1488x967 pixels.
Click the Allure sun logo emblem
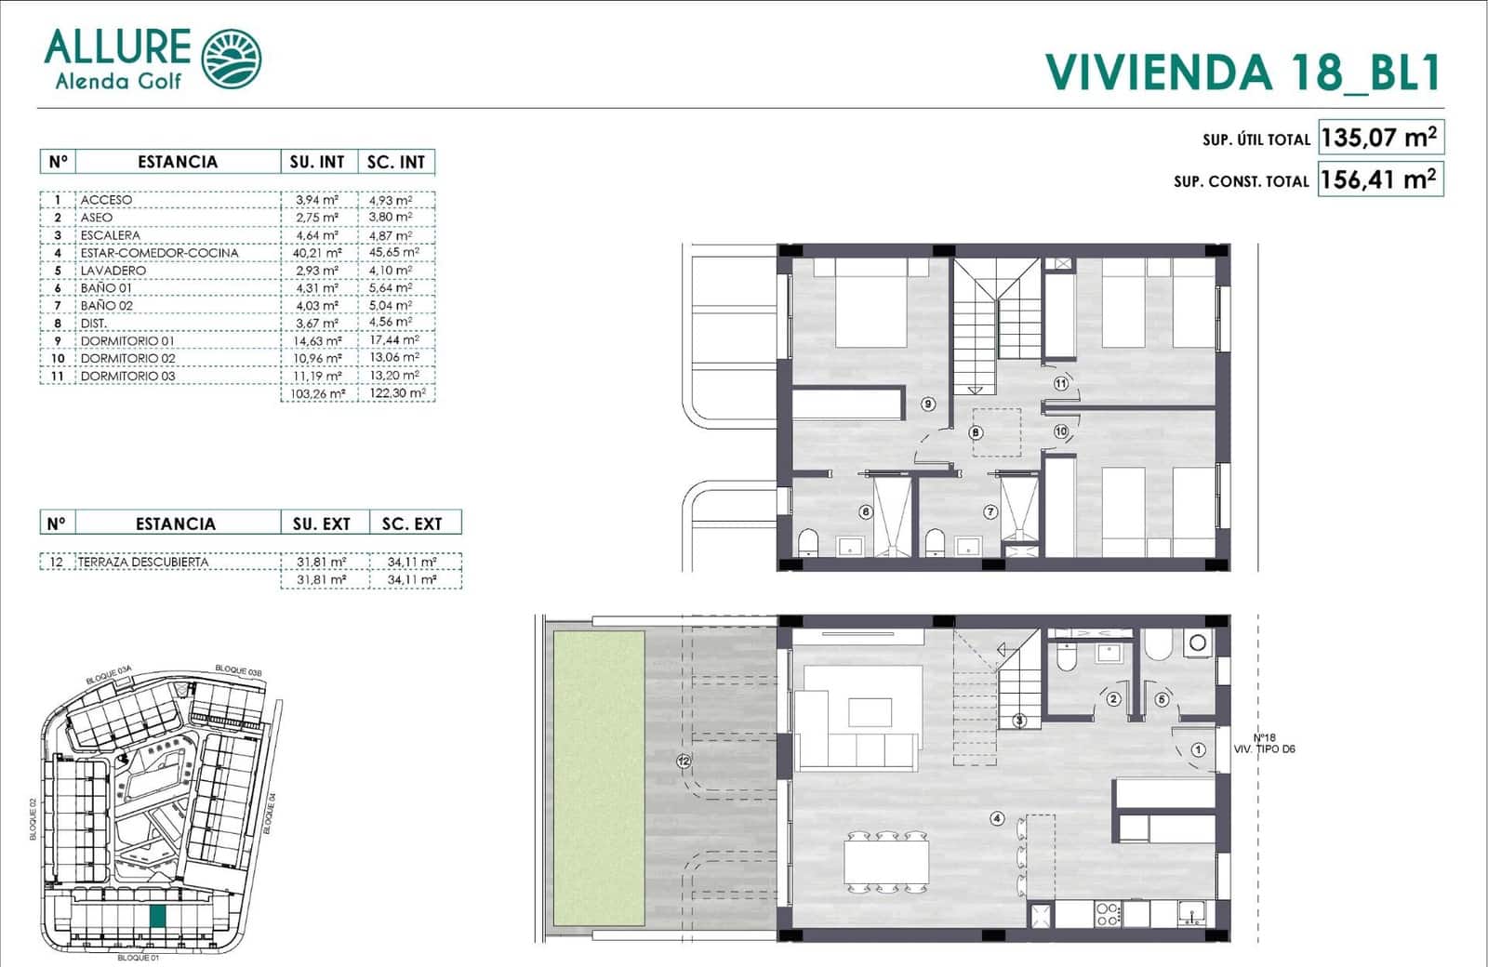232,59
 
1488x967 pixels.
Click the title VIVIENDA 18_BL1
1242,73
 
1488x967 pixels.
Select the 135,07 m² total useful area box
1380,138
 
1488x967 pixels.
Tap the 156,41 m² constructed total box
1380,179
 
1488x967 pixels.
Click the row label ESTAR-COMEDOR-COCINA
159,253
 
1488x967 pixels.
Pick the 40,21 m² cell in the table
317,253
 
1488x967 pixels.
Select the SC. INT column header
396,162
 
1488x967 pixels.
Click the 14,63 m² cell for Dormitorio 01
317,341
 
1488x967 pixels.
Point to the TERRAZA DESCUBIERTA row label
143,562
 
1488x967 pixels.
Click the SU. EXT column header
322,523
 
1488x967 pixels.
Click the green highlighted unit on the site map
158,916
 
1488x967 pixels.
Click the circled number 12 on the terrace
684,762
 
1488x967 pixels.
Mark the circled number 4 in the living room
997,818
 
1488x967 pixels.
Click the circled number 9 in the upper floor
928,404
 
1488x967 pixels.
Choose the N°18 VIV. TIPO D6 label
1263,742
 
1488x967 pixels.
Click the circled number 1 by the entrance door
1198,749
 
